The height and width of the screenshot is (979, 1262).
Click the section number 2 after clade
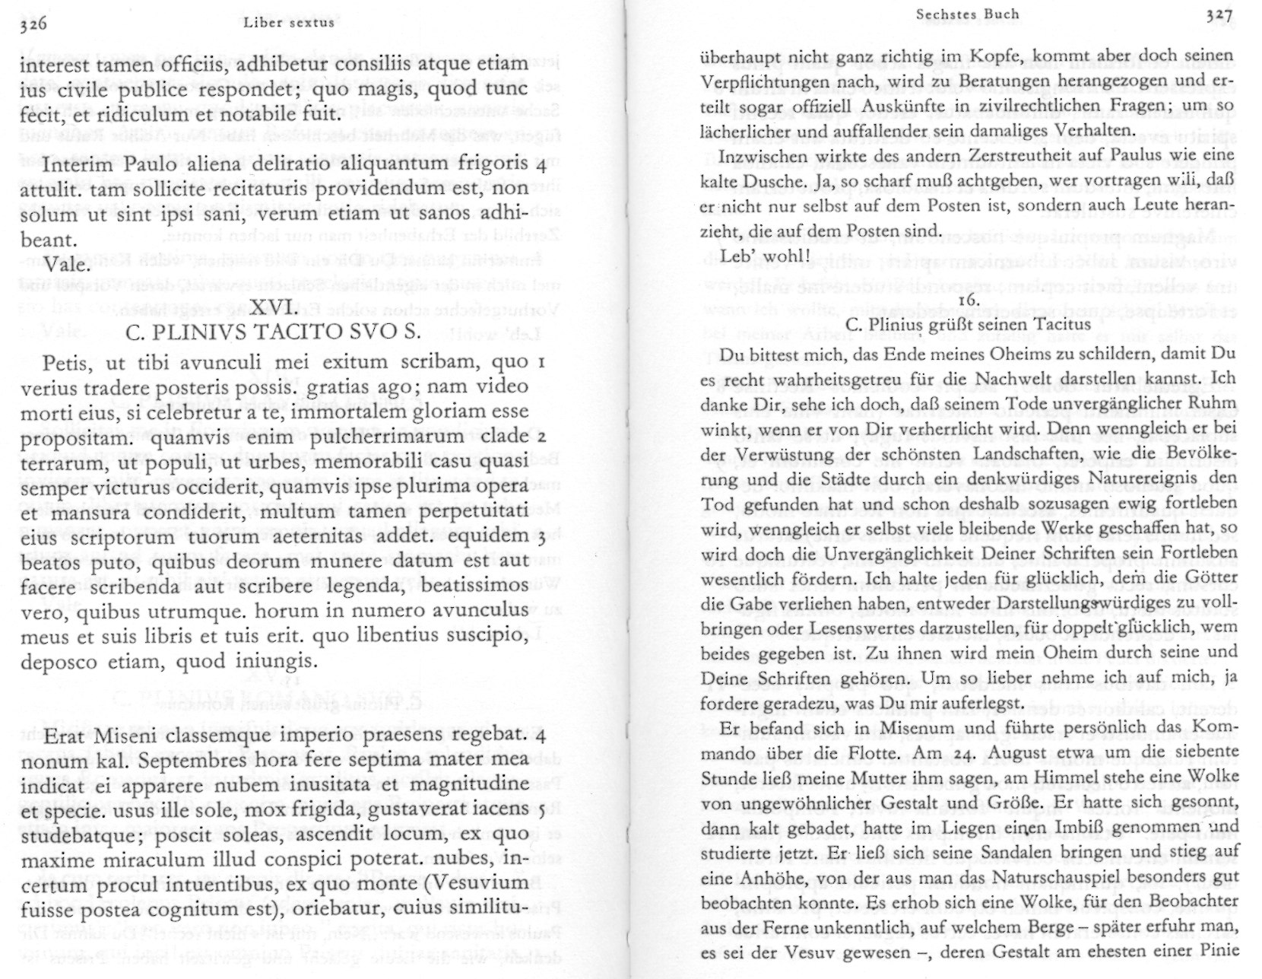pos(540,437)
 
